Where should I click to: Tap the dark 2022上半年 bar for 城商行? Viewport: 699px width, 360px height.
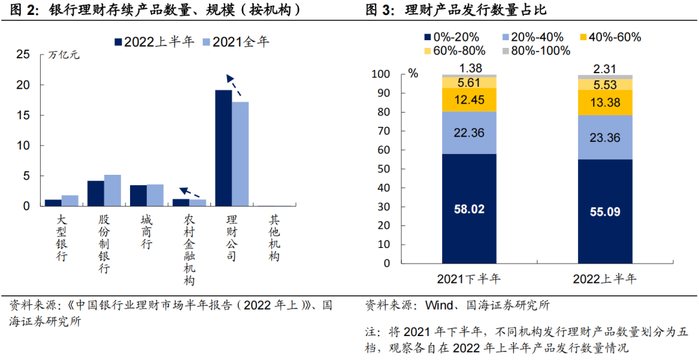(139, 195)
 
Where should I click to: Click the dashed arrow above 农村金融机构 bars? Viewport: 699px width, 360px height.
(190, 192)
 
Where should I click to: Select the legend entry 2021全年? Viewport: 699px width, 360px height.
(236, 42)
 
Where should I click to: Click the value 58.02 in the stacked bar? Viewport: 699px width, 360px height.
(470, 210)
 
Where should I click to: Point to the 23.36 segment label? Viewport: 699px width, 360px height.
(605, 137)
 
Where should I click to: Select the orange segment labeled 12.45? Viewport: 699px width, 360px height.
(470, 100)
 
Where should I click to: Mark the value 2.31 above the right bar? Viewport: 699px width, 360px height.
(605, 69)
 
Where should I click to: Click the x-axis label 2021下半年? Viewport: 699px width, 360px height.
(469, 279)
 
